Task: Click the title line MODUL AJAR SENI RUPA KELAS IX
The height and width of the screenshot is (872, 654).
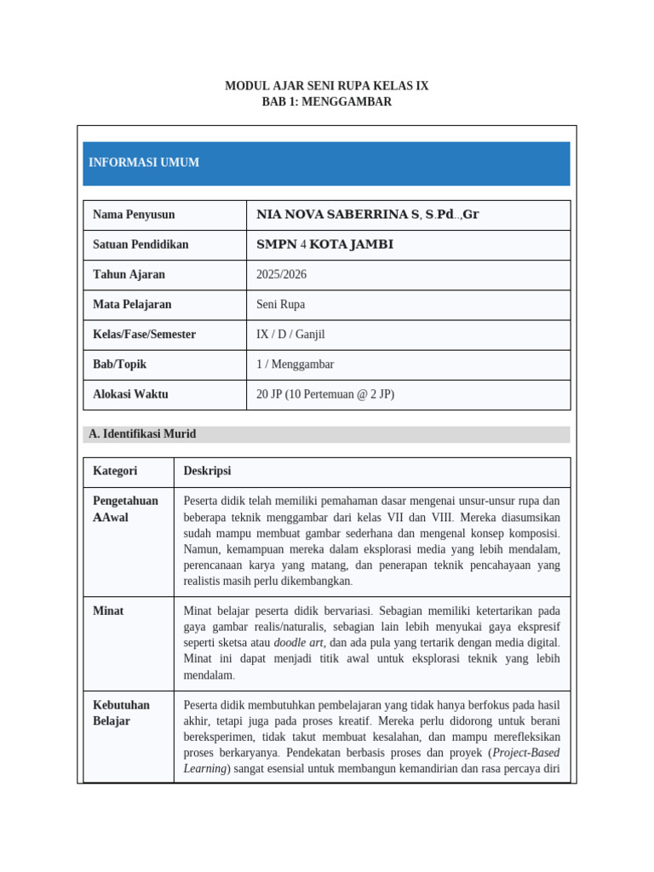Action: point(327,86)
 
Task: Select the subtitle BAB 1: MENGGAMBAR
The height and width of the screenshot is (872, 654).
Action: point(327,101)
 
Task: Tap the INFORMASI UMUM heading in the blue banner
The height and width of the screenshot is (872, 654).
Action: point(144,163)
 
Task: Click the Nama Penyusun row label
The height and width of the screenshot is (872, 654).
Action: point(134,215)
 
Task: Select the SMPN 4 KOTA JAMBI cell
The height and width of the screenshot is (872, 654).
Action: point(324,244)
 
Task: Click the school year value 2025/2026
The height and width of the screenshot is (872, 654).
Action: point(281,274)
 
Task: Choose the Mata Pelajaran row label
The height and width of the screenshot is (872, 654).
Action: point(132,304)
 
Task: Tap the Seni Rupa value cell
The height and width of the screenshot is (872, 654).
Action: point(280,304)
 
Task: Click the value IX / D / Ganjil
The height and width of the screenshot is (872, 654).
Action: point(290,335)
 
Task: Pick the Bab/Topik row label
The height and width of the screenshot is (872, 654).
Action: point(119,364)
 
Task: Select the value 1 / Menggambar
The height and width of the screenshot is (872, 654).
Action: point(295,364)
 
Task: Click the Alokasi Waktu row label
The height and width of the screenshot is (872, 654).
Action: point(130,394)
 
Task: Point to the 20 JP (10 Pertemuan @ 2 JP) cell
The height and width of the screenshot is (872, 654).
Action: point(325,394)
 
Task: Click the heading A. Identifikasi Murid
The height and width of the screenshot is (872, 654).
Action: point(142,434)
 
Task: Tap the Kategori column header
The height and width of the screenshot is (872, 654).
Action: point(115,471)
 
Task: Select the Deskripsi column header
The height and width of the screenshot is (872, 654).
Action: point(207,471)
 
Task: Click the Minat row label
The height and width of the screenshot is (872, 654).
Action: point(108,611)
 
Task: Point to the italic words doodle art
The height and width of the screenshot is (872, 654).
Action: point(298,643)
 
